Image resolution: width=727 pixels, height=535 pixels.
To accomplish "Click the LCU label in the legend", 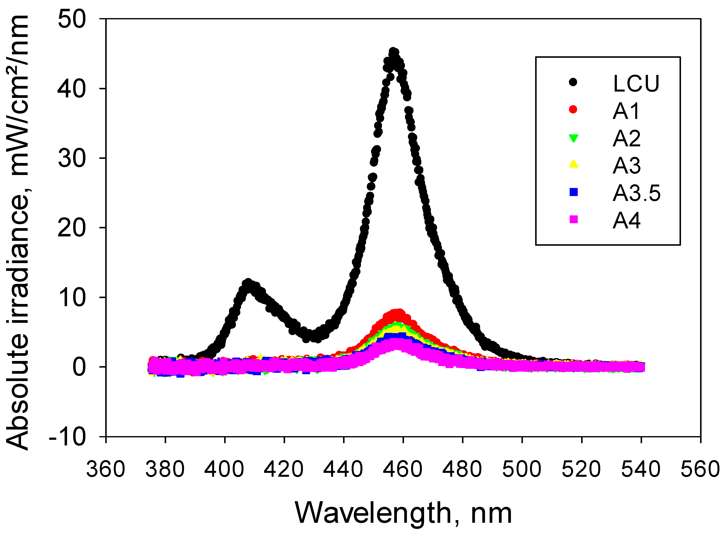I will click(636, 83).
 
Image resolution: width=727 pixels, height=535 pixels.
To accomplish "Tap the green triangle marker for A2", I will click(573, 138).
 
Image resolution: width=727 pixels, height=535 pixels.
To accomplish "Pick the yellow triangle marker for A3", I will click(573, 164).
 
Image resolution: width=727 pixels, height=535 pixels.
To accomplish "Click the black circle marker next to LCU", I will click(573, 82).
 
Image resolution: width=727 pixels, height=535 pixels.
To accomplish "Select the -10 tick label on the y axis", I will click(67, 437).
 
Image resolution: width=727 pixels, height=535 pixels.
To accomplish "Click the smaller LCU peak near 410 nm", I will click(248, 283).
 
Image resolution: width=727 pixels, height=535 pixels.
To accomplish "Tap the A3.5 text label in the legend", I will click(636, 193).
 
